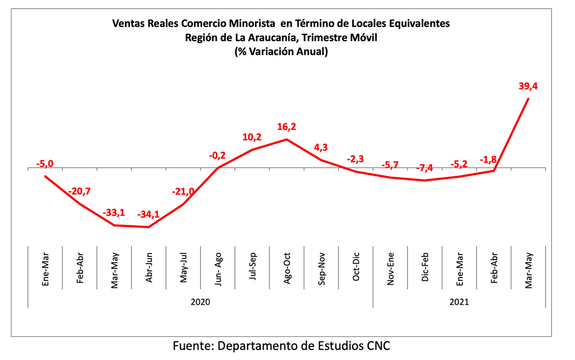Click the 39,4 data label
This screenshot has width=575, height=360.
pyautogui.click(x=528, y=86)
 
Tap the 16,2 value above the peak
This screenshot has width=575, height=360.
pyautogui.click(x=287, y=127)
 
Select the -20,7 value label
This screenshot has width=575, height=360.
pyautogui.click(x=80, y=191)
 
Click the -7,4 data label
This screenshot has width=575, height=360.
pyautogui.click(x=425, y=168)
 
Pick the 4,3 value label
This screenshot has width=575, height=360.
pyautogui.click(x=321, y=147)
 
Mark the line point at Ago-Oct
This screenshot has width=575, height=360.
pyautogui.click(x=287, y=139)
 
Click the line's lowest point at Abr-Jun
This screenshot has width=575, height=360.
pyautogui.click(x=149, y=227)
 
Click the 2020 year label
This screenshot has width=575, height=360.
pyautogui.click(x=200, y=302)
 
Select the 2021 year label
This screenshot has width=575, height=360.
pyautogui.click(x=459, y=302)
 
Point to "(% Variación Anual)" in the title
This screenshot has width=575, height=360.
pyautogui.click(x=281, y=52)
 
